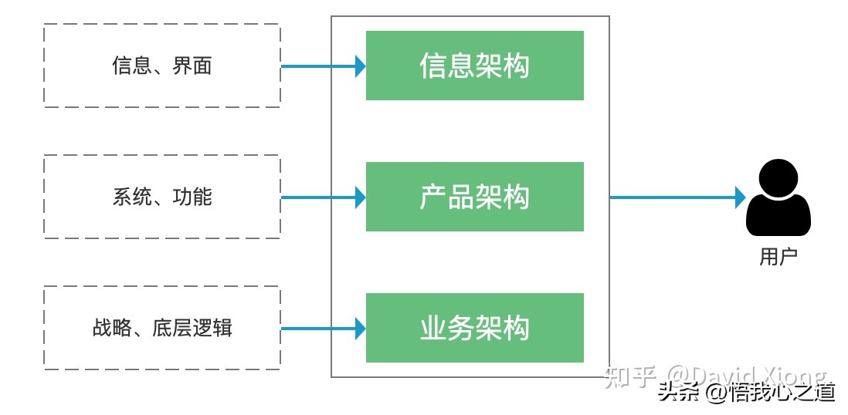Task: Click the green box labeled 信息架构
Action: pos(474,66)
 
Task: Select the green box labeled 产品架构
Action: pos(474,197)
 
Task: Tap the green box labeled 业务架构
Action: pos(474,328)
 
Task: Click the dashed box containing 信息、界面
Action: pos(161,66)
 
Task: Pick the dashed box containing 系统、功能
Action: pos(161,197)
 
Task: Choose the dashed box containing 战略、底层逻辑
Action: pos(161,328)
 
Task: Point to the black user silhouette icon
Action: pos(778,199)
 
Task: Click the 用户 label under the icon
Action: pos(778,257)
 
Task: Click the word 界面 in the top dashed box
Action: pos(192,66)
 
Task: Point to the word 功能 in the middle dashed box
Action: pos(192,197)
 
